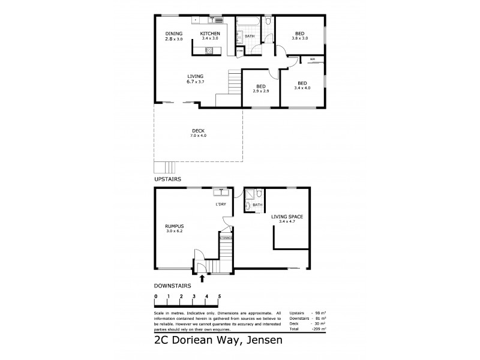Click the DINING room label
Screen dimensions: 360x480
tap(173, 34)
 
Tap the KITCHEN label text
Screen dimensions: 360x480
tap(210, 34)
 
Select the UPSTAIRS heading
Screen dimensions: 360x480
tap(168, 179)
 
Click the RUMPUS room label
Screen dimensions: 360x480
tap(173, 226)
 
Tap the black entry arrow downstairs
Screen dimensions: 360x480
tap(202, 278)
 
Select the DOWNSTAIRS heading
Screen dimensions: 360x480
tap(172, 286)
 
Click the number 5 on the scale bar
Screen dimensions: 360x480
tap(220, 296)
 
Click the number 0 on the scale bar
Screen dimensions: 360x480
tap(155, 296)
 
